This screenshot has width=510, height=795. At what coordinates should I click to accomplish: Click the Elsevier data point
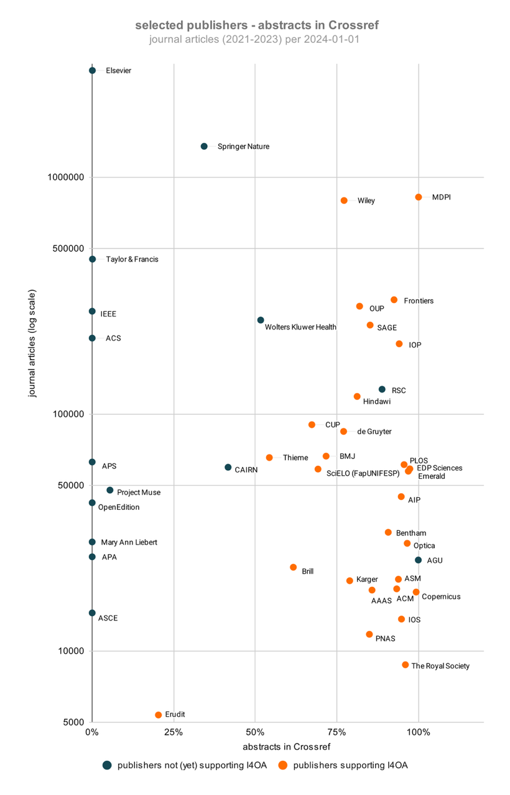[92, 70]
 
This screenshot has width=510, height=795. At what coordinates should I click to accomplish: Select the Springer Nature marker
[204, 146]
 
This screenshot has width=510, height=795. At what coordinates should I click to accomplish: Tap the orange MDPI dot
[419, 197]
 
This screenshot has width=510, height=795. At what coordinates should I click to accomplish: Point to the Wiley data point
[344, 201]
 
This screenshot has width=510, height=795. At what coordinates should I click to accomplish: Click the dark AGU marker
[419, 560]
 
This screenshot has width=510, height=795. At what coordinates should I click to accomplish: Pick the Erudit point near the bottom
[159, 715]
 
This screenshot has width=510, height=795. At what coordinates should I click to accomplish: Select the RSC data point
[382, 389]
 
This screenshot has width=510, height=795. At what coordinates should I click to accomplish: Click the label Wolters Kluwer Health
[300, 327]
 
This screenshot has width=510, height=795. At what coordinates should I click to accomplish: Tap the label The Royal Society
[440, 666]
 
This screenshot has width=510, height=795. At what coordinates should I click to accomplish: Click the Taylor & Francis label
[132, 259]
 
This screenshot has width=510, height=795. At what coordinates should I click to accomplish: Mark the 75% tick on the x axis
[336, 731]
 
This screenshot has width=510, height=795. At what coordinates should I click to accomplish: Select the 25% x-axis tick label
[174, 731]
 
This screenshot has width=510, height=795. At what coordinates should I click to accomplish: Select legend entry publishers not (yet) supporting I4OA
[185, 765]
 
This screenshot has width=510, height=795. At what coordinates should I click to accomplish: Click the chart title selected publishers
[257, 25]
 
